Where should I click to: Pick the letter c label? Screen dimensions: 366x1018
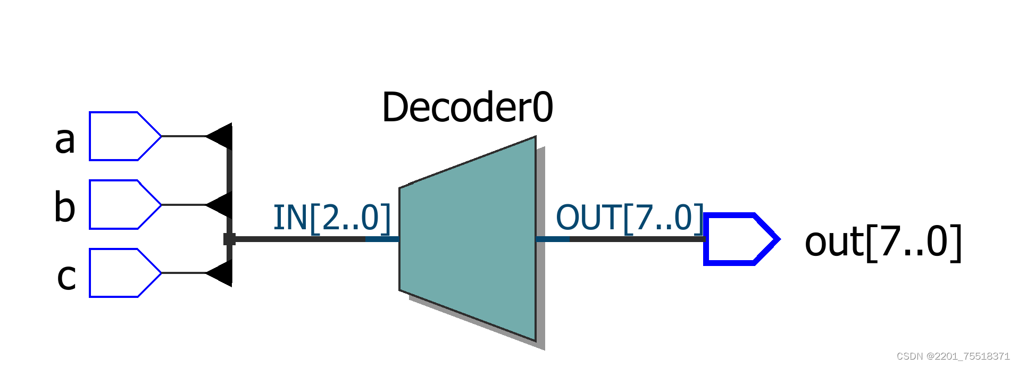point(66,277)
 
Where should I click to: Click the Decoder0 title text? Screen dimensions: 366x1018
point(468,107)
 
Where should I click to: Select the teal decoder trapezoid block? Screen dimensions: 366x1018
point(468,239)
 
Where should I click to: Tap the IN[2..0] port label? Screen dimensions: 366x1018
point(332,218)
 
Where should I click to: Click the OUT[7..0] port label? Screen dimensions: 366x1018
point(630,218)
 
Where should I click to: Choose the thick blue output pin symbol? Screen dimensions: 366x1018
point(739,239)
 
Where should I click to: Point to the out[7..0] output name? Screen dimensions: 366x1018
point(883,243)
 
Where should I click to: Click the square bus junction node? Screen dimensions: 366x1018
point(229,239)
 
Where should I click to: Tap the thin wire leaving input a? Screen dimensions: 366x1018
point(183,136)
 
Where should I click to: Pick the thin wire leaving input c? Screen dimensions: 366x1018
point(183,273)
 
